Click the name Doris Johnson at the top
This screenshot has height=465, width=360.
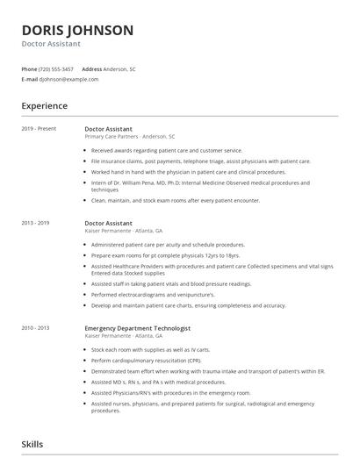point(77,30)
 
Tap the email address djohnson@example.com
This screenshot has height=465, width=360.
point(68,79)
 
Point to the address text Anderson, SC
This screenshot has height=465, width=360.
point(119,68)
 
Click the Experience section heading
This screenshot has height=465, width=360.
point(44,106)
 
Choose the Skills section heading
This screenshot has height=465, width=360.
point(32,445)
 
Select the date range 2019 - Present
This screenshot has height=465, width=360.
point(38,129)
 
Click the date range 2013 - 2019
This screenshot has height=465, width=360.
point(35,223)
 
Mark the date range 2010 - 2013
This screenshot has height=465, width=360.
point(35,327)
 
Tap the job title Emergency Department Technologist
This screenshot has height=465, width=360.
point(137,327)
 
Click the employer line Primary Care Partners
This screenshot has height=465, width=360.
point(129,137)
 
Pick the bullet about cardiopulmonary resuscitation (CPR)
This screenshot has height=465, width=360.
point(147,360)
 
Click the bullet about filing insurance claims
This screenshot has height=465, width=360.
point(200,161)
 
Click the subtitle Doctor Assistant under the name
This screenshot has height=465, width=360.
point(51,44)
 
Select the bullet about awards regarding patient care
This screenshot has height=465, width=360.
point(171,151)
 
